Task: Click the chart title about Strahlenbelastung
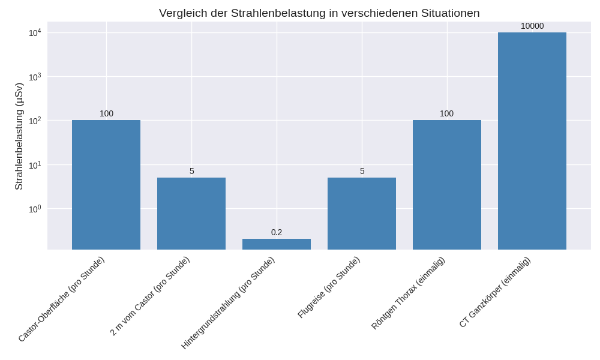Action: (x=319, y=13)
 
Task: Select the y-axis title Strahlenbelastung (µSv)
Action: (x=19, y=136)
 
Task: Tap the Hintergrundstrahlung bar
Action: (x=277, y=244)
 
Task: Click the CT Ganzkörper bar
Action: (x=532, y=141)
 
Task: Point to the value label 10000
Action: (x=532, y=26)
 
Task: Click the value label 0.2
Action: (x=277, y=232)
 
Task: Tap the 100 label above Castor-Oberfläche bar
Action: (x=106, y=113)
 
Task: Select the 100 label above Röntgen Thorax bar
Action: (x=447, y=113)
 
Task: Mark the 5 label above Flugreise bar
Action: (x=362, y=171)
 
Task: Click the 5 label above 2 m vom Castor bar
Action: (x=191, y=171)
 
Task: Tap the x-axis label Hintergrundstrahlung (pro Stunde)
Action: (x=229, y=302)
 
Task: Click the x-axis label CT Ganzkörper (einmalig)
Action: (x=496, y=292)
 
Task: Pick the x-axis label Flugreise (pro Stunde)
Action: (x=329, y=287)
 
